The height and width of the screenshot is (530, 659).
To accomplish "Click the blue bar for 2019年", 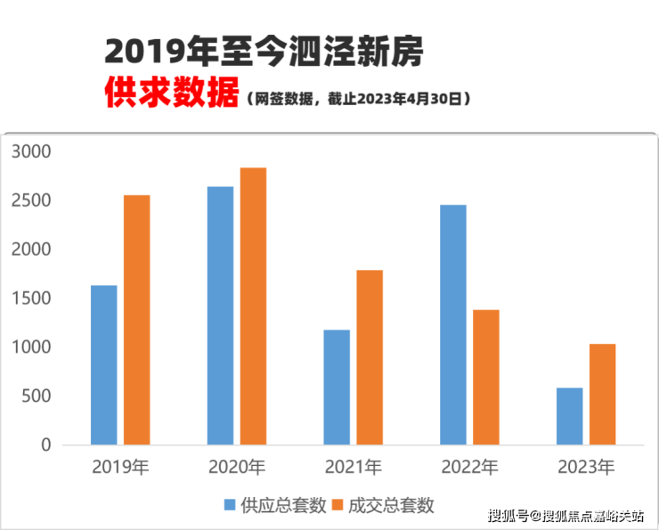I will (103, 364).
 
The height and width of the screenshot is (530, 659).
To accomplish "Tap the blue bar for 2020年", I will (220, 315).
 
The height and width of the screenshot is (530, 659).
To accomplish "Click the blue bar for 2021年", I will (337, 387).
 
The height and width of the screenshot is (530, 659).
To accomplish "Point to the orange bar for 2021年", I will (370, 356).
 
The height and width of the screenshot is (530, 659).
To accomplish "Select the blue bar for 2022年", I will (452, 324).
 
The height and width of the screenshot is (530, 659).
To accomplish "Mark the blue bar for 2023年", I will (569, 416).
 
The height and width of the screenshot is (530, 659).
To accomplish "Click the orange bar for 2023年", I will (602, 394).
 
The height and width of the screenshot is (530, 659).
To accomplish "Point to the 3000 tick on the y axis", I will (33, 152).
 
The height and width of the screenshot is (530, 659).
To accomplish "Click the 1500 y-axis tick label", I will (33, 298).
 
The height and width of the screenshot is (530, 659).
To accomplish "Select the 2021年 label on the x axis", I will (353, 467).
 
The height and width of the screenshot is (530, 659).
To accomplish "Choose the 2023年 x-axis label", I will (585, 467).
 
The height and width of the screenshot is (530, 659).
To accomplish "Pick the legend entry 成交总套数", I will (384, 506).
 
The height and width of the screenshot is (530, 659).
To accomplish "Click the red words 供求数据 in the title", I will (170, 94).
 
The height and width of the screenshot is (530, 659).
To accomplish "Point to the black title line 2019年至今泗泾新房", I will (264, 52).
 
